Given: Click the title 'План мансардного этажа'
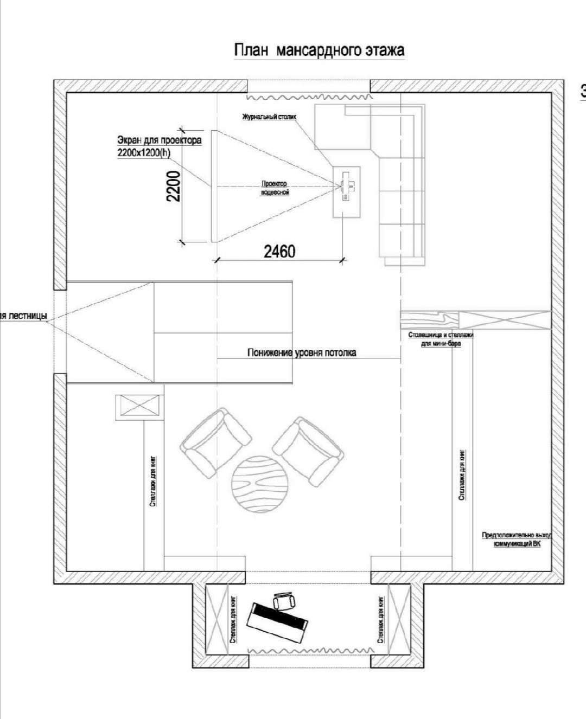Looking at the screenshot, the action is tap(319, 50).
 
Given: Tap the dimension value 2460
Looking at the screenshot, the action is tap(280, 252).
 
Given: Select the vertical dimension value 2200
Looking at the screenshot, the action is tap(173, 186).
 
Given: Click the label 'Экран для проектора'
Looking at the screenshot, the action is tap(160, 140).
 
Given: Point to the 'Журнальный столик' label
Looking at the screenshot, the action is tap(269, 117).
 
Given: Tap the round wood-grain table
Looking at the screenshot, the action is tap(258, 484).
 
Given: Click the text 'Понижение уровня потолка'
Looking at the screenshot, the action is tap(302, 353).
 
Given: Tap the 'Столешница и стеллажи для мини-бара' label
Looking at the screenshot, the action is tap(441, 339).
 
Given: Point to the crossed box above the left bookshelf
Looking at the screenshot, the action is tap(139, 407).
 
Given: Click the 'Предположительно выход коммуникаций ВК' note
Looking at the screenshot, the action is tap(517, 539).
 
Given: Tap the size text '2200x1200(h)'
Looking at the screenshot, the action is tap(144, 153).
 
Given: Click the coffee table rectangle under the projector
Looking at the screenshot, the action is tap(347, 191).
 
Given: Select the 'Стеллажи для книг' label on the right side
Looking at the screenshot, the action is tap(462, 474).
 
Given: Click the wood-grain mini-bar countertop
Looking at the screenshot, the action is tap(429, 320).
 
